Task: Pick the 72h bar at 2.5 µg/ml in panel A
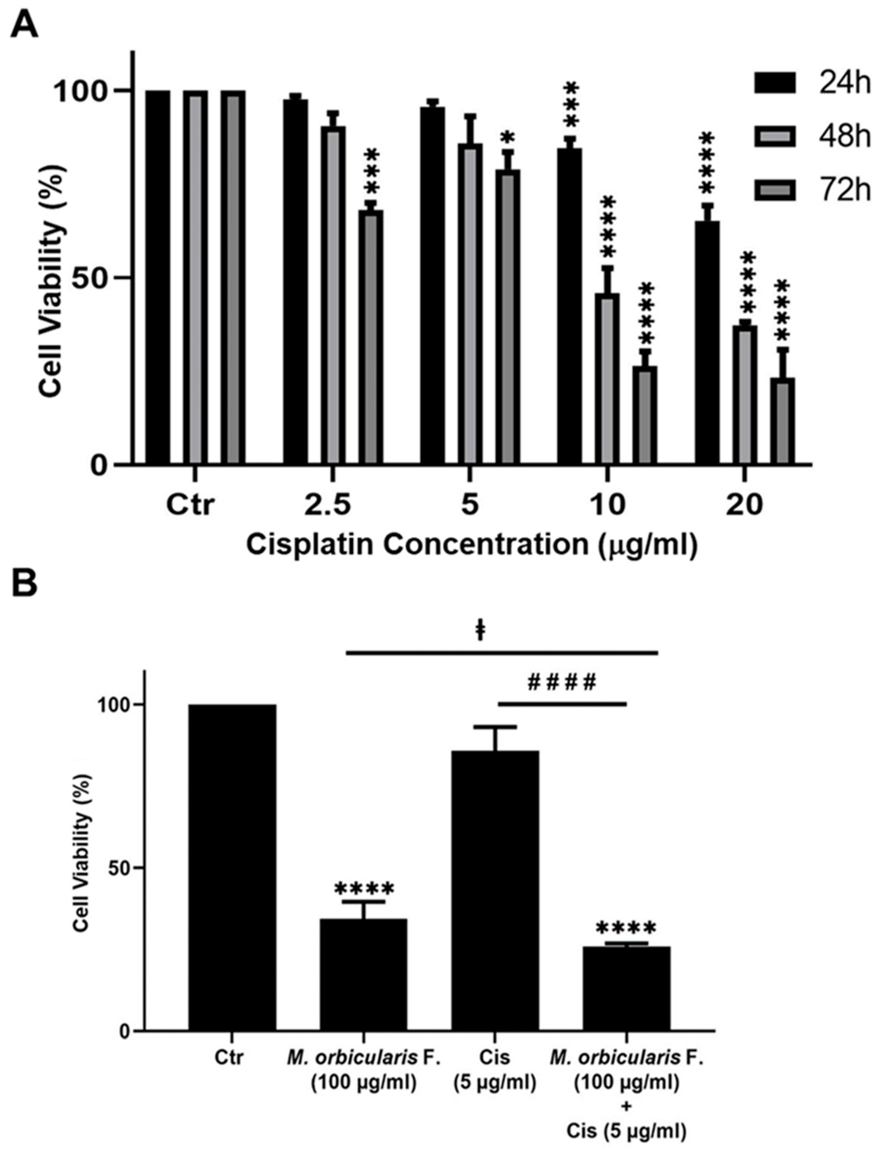370,337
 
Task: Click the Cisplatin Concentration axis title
472,545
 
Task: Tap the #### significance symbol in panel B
562,682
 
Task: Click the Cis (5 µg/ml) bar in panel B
495,888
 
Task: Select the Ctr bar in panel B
232,867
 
